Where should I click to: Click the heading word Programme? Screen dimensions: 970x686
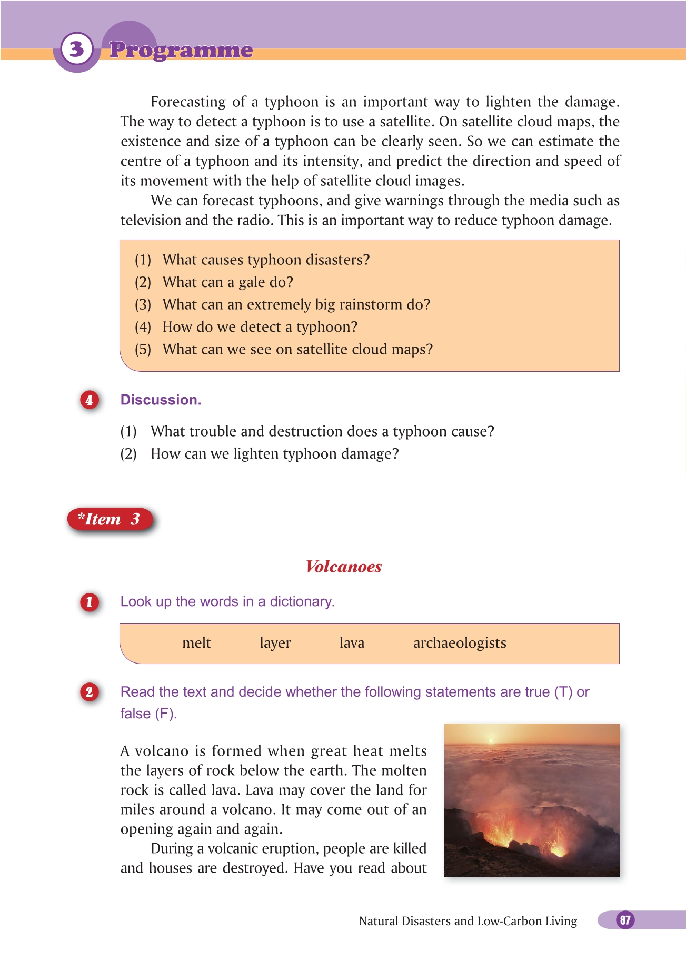pos(181,50)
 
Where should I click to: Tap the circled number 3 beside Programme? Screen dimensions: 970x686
pos(77,50)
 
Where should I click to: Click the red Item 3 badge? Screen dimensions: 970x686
pos(110,519)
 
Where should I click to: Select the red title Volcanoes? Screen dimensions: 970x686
pos(344,567)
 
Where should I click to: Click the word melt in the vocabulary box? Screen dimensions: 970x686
pos(196,643)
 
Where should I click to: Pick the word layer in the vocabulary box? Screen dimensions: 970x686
pos(275,643)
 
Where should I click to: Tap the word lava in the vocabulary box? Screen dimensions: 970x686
pos(352,643)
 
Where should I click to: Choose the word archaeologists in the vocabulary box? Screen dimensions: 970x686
pos(460,643)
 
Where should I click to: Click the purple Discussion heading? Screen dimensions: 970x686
pos(161,400)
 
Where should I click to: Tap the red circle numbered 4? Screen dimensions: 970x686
pos(89,400)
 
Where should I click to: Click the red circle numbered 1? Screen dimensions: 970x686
pos(89,602)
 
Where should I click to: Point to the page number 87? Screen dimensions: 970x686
pos(625,920)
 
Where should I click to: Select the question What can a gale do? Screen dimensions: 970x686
pos(227,282)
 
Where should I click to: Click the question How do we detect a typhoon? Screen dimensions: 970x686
pos(260,327)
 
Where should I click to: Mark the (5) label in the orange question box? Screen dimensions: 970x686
pos(143,350)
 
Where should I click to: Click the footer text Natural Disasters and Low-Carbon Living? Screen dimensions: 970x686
pos(468,921)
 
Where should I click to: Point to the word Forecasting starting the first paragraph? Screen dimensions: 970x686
pos(188,102)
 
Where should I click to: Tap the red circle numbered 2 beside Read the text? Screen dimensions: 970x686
pos(89,692)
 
